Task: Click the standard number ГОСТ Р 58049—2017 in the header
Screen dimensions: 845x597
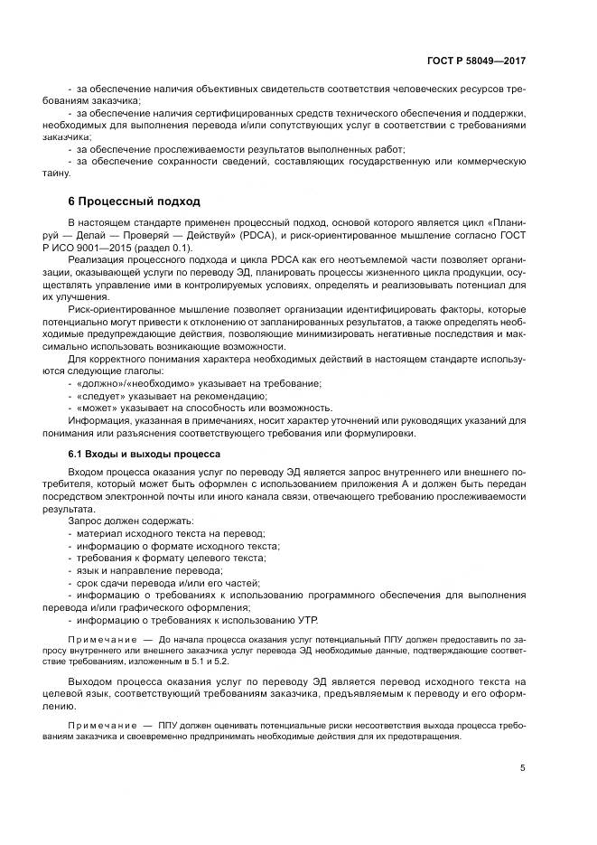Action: point(476,61)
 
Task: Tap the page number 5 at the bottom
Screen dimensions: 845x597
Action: point(522,768)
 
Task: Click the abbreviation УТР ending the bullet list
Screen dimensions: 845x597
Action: point(307,620)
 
